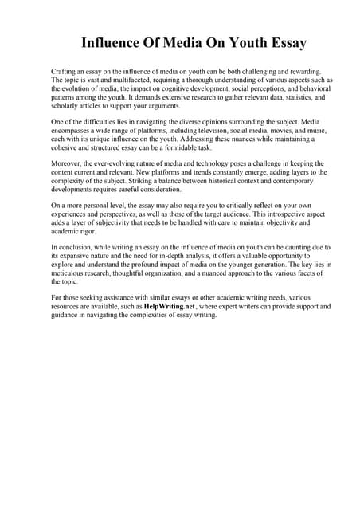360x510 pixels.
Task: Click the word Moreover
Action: click(x=68, y=163)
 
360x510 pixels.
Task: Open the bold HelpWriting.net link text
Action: click(x=170, y=306)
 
